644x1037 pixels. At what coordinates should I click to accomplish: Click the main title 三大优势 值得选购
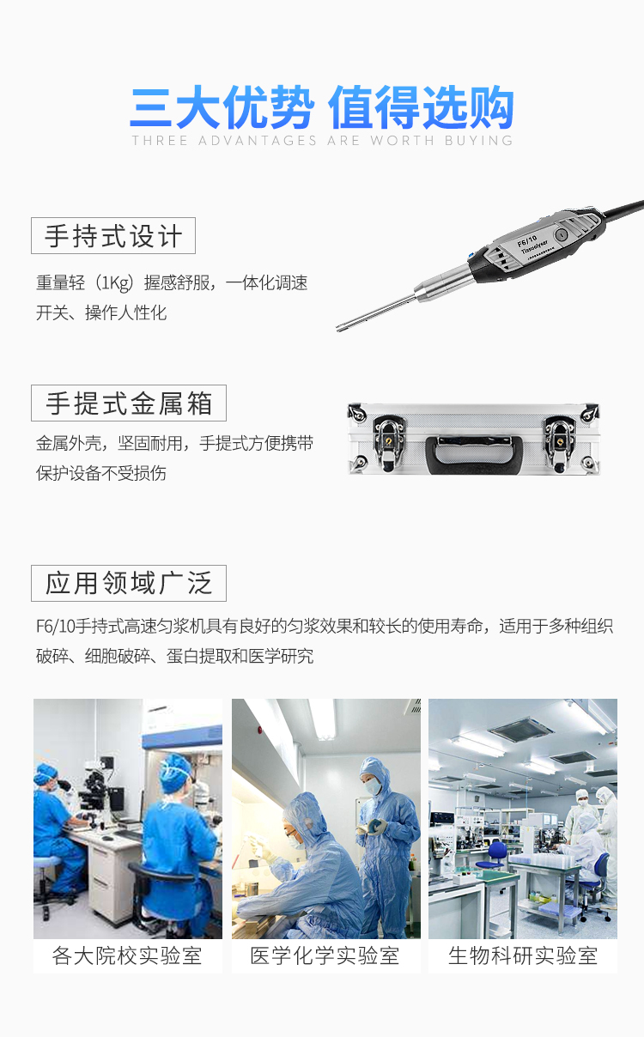pyautogui.click(x=322, y=108)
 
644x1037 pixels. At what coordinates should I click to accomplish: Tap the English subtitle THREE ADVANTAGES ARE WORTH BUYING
pyautogui.click(x=322, y=141)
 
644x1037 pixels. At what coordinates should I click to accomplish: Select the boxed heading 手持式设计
pyautogui.click(x=113, y=236)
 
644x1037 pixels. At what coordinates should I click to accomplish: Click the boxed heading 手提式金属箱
pyautogui.click(x=129, y=403)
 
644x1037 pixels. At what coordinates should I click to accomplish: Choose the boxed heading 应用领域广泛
pyautogui.click(x=129, y=584)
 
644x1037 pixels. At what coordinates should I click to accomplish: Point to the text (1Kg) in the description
pyautogui.click(x=115, y=283)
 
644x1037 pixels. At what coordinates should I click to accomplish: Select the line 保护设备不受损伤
pyautogui.click(x=101, y=474)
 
